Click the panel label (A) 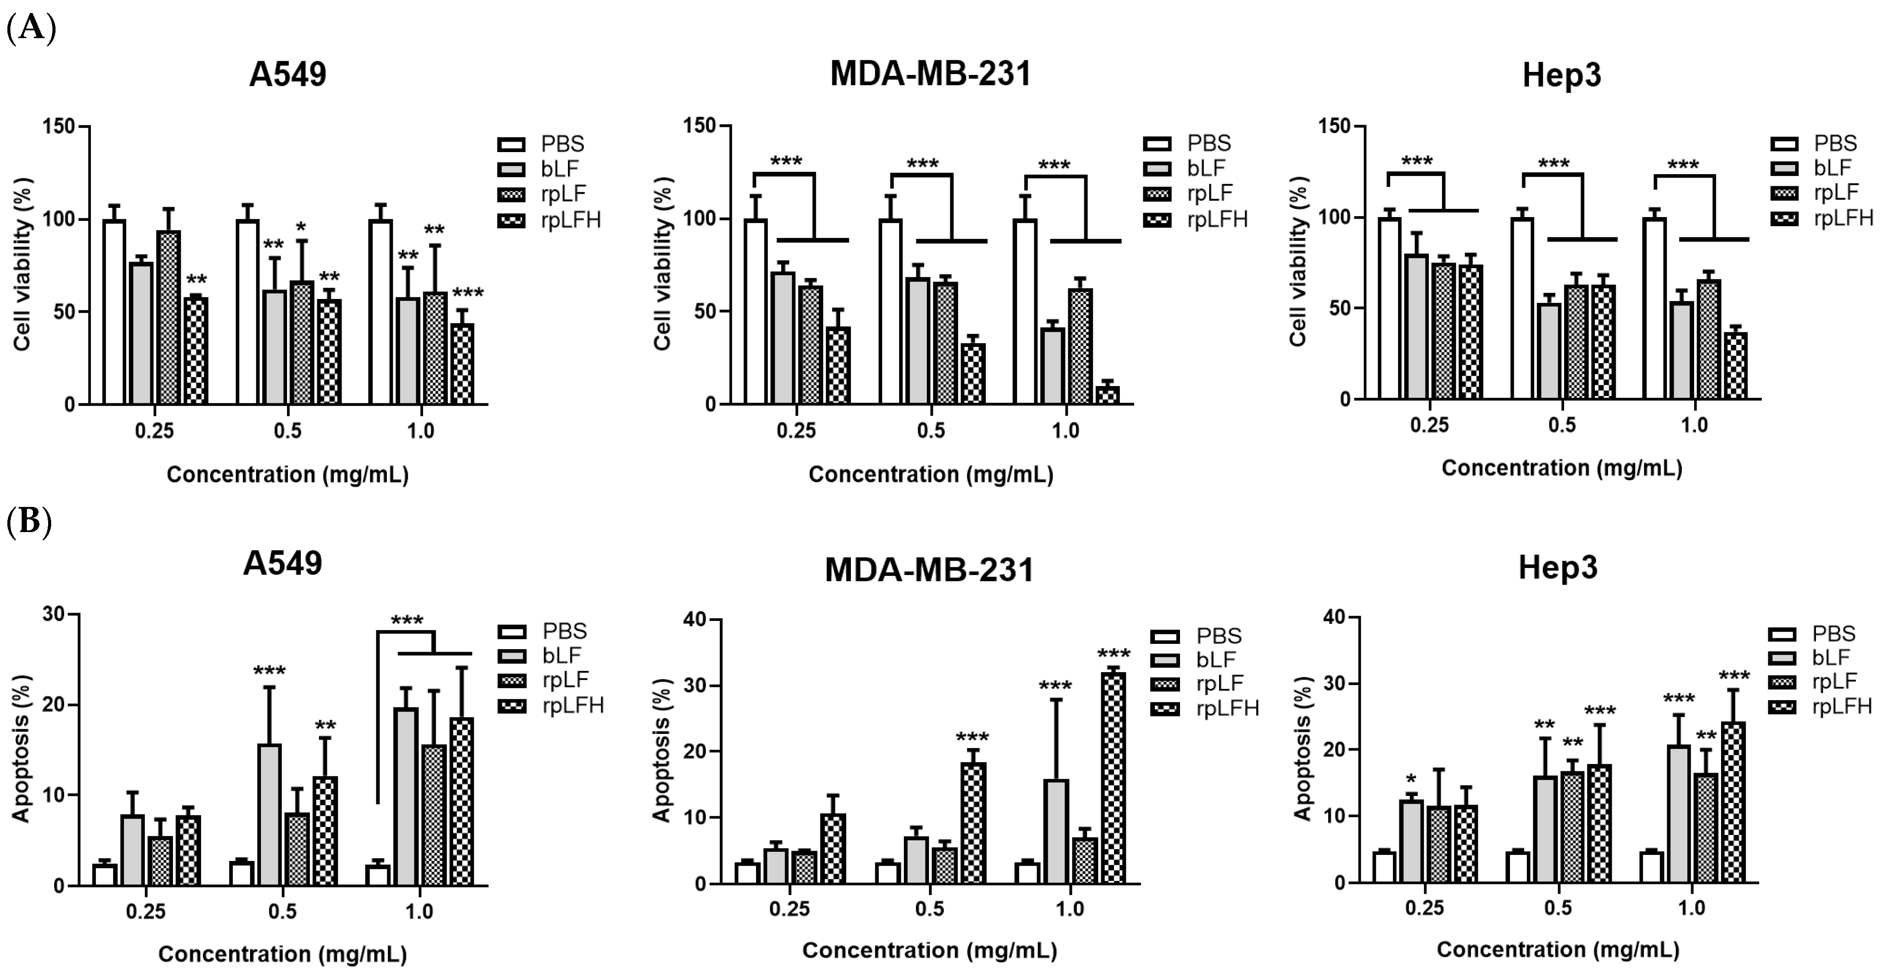[x=31, y=29]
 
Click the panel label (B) [x=29, y=523]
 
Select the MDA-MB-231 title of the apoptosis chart [x=929, y=569]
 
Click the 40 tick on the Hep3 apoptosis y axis [x=1336, y=617]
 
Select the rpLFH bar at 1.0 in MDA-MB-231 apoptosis [x=1114, y=778]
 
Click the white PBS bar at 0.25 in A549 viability [x=114, y=312]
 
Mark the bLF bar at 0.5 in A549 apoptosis [x=270, y=815]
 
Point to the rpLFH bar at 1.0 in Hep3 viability [x=1735, y=366]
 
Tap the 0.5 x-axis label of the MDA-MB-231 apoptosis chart [x=929, y=909]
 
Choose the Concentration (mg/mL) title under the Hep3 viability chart [x=1562, y=468]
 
